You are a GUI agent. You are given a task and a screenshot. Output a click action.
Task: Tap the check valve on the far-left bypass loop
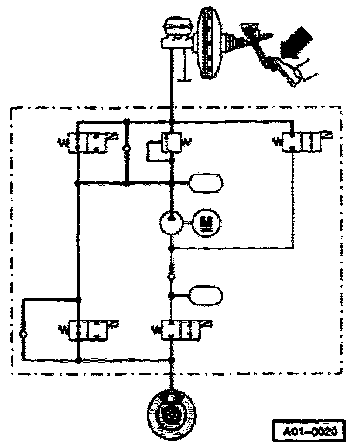tap(22, 334)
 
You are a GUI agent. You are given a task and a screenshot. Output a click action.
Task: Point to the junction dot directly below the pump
tap(171, 249)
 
